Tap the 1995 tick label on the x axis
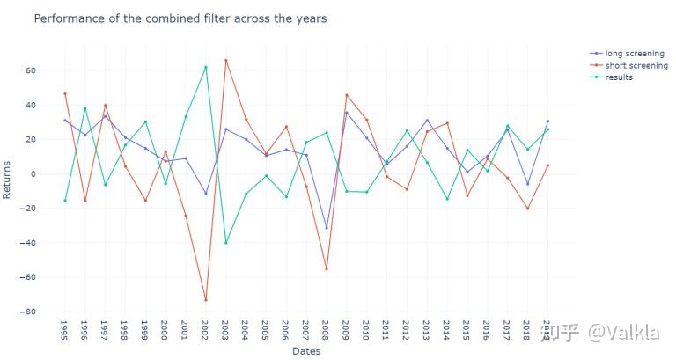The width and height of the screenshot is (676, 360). click(x=64, y=330)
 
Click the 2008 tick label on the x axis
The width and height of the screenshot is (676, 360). click(x=326, y=330)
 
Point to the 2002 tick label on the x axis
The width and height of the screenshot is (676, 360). click(x=205, y=330)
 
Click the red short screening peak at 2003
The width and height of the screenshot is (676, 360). click(x=225, y=60)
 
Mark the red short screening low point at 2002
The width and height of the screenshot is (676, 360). click(x=205, y=300)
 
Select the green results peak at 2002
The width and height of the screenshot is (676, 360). click(x=205, y=67)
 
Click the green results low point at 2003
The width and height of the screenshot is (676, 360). click(x=225, y=243)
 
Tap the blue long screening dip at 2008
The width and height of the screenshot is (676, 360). click(x=326, y=228)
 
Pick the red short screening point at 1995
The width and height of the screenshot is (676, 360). click(x=64, y=93)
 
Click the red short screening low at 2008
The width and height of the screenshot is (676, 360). click(x=326, y=269)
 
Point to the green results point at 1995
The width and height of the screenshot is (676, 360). click(x=64, y=201)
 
